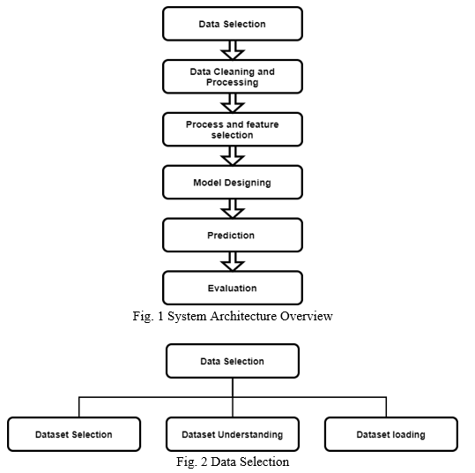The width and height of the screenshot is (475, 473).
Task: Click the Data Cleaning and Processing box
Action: coord(233,77)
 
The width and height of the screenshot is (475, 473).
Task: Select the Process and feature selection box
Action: coord(233,130)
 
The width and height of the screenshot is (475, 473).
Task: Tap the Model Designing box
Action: coord(233,183)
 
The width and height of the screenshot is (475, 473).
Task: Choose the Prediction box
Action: coord(233,235)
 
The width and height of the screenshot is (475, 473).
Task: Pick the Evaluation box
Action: coord(233,288)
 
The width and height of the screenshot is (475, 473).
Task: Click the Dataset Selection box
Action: coord(74,434)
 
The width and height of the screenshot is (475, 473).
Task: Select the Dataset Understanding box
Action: coord(233,434)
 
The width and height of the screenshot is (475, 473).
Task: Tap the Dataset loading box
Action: coord(391,434)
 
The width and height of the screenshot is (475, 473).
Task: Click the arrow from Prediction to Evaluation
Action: coord(233,261)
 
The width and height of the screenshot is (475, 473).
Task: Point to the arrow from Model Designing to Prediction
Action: coord(233,208)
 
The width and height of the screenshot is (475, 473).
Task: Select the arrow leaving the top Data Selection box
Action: coord(233,50)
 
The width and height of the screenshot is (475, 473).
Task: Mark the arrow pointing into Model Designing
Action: coord(233,155)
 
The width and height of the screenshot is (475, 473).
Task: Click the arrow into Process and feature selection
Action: coord(233,103)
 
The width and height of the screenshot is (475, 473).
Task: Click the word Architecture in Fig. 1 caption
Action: coord(243,316)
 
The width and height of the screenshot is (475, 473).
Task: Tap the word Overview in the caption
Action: coord(307,316)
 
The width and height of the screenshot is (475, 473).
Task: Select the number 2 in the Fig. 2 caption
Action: coord(204,462)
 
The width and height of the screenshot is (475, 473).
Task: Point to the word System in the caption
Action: coord(187,317)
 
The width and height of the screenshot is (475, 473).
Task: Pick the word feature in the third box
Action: coord(263,124)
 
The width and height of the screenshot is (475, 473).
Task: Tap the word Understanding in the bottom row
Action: coord(250,435)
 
